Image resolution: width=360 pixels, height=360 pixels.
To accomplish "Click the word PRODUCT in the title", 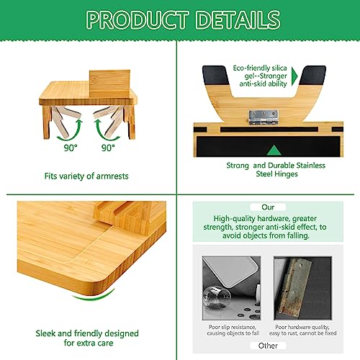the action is click(137, 19).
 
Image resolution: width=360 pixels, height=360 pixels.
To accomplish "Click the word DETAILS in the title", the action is click(238, 19).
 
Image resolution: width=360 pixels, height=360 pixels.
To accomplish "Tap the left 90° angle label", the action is click(71, 148).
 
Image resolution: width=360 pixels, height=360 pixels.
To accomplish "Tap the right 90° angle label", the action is click(108, 148).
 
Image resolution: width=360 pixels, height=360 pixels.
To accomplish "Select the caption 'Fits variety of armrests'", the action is click(86, 176).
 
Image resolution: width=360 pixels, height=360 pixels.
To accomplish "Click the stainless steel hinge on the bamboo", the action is click(264, 117).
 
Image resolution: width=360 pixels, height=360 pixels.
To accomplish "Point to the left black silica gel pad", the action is click(215, 75).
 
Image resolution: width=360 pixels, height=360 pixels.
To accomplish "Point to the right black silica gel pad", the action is click(313, 75).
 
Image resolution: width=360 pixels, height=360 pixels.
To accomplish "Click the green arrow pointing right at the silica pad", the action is click(294, 76).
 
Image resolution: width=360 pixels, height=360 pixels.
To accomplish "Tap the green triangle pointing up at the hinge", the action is click(274, 150).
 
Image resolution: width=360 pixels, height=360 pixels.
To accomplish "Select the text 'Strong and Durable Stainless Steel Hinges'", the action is click(276, 169).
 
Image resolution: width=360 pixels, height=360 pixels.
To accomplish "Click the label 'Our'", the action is click(268, 207).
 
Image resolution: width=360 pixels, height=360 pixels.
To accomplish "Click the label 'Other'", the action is click(268, 346).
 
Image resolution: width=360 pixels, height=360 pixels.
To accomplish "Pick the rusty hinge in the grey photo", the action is click(295, 287).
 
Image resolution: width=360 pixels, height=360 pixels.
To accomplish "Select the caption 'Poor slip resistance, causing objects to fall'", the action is click(233, 330).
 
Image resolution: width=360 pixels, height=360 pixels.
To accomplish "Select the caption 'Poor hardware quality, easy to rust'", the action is click(302, 330).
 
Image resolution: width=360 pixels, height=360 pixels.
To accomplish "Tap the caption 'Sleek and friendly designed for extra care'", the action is click(87, 338).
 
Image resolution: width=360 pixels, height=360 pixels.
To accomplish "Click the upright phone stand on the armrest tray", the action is click(109, 84).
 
